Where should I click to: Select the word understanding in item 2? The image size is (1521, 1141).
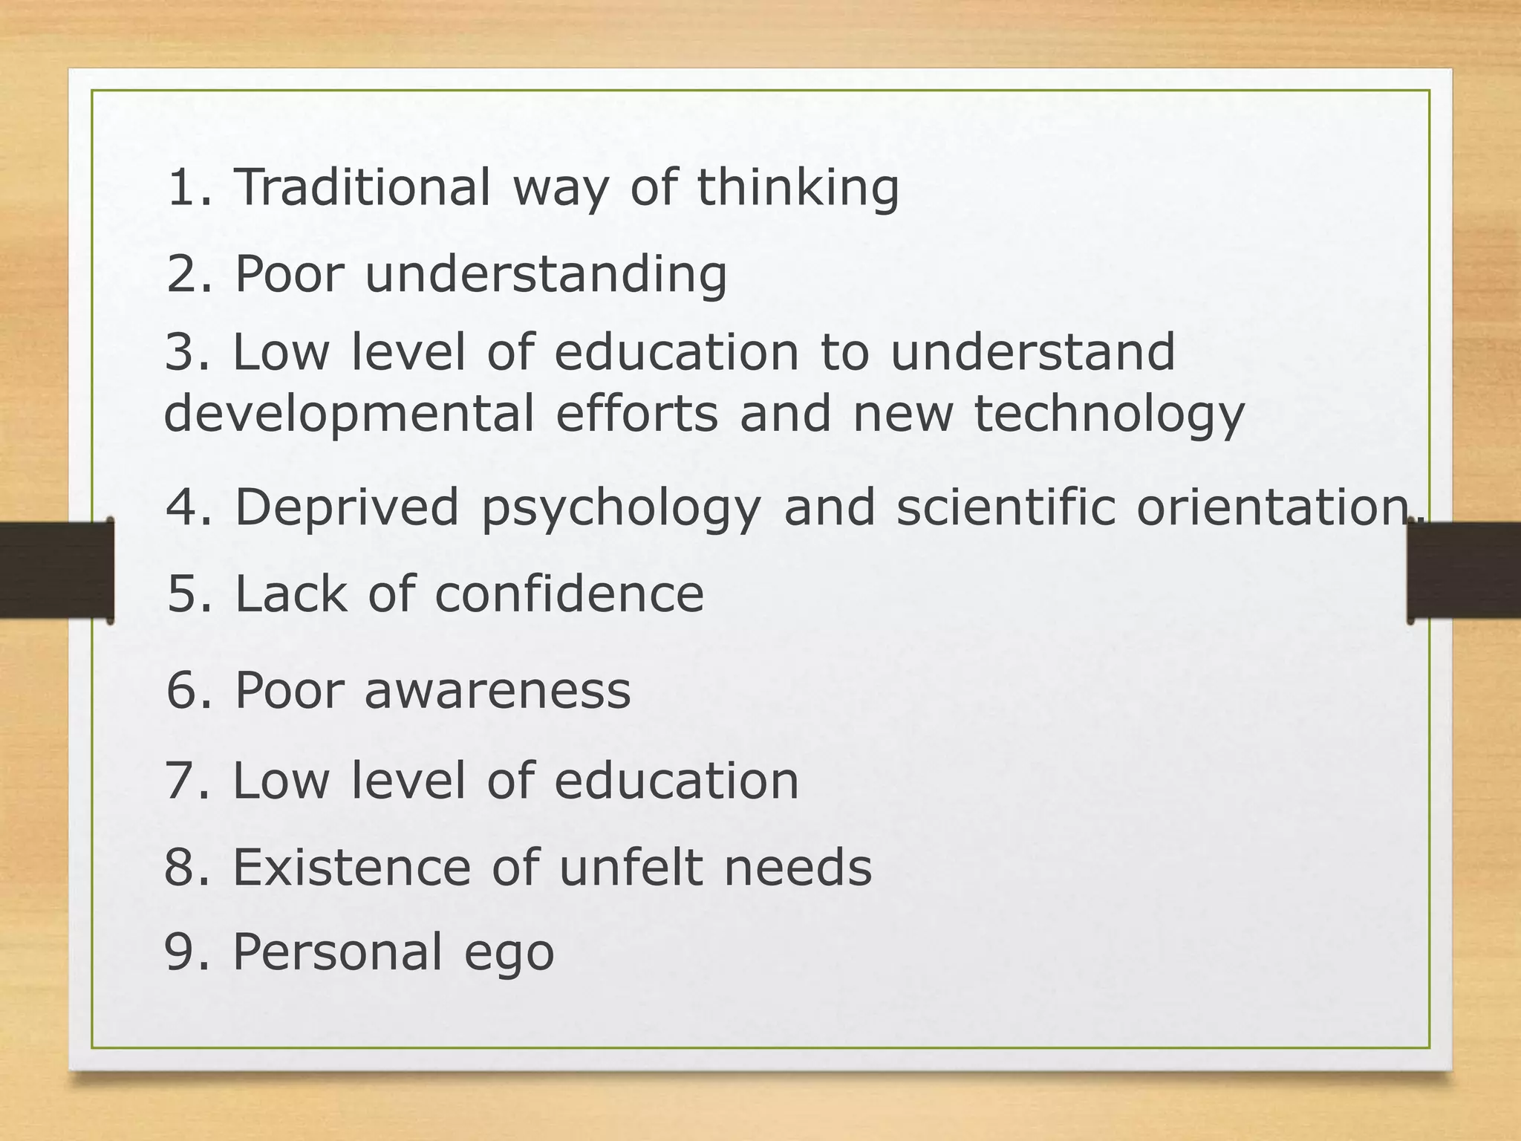(546, 275)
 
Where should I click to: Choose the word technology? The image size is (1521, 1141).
(1109, 415)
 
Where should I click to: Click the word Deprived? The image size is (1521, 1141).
(347, 508)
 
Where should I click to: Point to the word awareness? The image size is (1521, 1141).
(497, 690)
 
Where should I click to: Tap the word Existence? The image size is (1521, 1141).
(351, 867)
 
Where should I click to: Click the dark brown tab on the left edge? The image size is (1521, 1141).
(56, 570)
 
